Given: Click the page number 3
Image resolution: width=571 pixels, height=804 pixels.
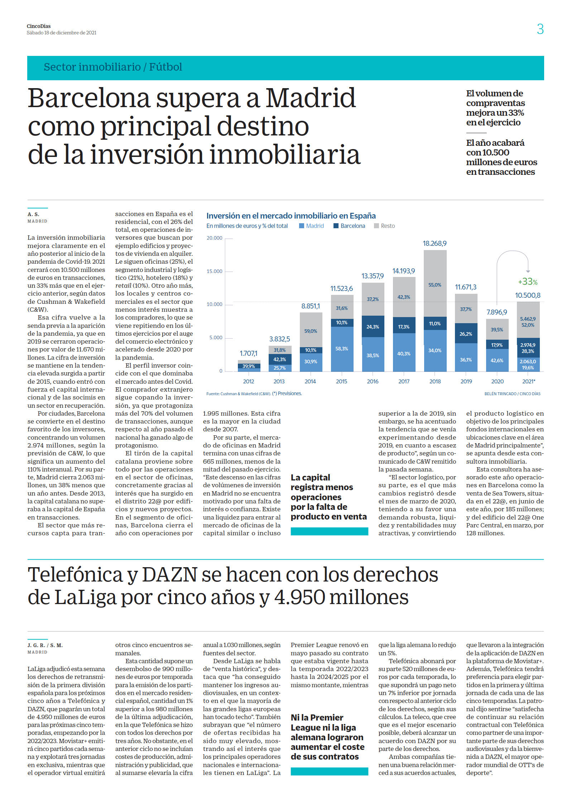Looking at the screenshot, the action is [540, 29].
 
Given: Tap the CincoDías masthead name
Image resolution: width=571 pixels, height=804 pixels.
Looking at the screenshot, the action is [39, 26].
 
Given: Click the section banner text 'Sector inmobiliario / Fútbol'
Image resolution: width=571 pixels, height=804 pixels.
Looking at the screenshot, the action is [113, 67].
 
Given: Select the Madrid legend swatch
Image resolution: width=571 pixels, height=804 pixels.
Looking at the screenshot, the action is [302, 226].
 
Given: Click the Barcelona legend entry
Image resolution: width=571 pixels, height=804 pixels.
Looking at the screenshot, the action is [349, 226].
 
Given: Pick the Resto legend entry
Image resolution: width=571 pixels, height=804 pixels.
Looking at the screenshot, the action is [384, 226].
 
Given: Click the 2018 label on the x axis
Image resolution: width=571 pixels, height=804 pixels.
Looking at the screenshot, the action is [435, 382].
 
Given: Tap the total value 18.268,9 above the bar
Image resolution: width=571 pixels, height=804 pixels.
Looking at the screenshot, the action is [435, 243].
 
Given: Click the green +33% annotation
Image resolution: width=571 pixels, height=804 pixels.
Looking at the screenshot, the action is [528, 282].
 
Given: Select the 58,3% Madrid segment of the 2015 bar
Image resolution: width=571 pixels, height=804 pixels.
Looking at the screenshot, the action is [342, 349].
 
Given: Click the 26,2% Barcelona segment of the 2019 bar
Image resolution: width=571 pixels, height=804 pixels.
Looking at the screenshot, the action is [466, 334].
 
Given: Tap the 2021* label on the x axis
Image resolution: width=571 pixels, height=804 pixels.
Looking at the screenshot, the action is [528, 382].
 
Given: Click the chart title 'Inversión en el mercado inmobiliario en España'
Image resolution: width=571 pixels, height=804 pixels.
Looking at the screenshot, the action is [291, 216].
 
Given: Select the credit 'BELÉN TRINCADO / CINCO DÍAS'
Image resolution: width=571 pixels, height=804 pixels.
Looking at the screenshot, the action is [512, 394].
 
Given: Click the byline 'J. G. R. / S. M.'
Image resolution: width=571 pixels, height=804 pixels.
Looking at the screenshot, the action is [45, 645].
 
